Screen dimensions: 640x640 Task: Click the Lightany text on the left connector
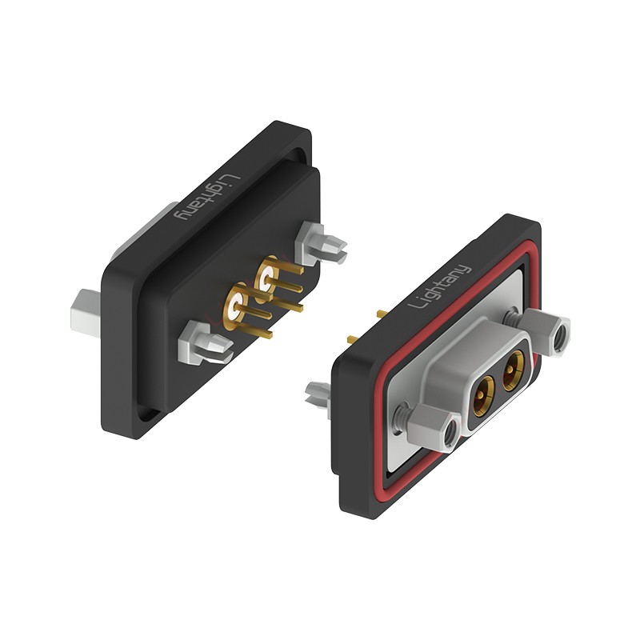[206, 198]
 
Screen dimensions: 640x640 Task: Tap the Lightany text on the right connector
[441, 286]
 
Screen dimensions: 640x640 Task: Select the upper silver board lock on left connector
[321, 243]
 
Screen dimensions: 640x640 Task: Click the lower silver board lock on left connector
[205, 342]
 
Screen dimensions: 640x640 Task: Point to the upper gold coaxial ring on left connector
[266, 278]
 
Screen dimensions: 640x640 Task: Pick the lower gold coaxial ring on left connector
[235, 306]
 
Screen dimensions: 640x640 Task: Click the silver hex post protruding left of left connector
[86, 313]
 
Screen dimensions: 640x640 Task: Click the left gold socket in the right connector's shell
[484, 395]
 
